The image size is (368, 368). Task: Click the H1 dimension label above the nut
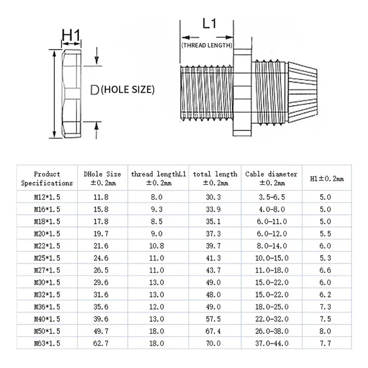[71, 35]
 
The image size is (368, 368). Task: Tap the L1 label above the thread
[209, 23]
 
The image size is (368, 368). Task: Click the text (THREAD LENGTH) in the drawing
[207, 45]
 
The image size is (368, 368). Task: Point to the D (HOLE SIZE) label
[122, 90]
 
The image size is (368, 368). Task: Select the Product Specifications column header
[47, 178]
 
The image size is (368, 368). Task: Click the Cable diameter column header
[271, 178]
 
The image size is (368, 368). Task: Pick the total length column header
[215, 178]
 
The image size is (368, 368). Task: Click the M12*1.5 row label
[47, 197]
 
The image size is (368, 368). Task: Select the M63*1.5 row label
[47, 343]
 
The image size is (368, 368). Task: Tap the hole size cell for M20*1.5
[101, 234]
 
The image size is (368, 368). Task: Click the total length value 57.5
[213, 319]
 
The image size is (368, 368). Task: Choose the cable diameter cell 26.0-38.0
[272, 331]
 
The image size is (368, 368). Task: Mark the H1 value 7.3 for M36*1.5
[325, 307]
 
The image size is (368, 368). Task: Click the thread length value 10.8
[157, 246]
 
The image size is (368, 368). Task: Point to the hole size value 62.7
[101, 343]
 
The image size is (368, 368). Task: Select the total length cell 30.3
[213, 197]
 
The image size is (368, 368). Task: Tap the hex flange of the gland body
[242, 93]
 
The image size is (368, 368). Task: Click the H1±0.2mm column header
[327, 179]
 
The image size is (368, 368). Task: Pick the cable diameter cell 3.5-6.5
[272, 197]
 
